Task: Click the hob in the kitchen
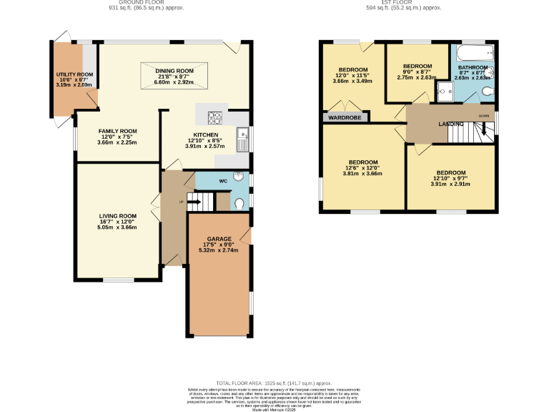pos(215,119)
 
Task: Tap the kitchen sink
pos(244,134)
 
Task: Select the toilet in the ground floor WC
pos(239,204)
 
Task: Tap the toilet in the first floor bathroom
pos(488,91)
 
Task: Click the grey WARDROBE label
pos(345,117)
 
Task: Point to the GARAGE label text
pos(219,238)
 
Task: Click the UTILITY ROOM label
pos(75,74)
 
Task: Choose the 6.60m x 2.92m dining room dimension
pos(174,82)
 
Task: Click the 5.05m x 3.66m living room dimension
pos(117,227)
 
